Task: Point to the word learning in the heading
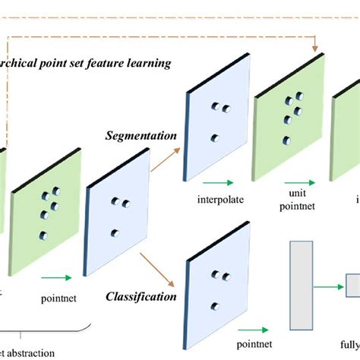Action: pos(151,63)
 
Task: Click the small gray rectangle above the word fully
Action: pos(352,286)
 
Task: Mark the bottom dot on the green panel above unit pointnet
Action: pos(286,141)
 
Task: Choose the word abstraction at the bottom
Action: pos(30,352)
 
